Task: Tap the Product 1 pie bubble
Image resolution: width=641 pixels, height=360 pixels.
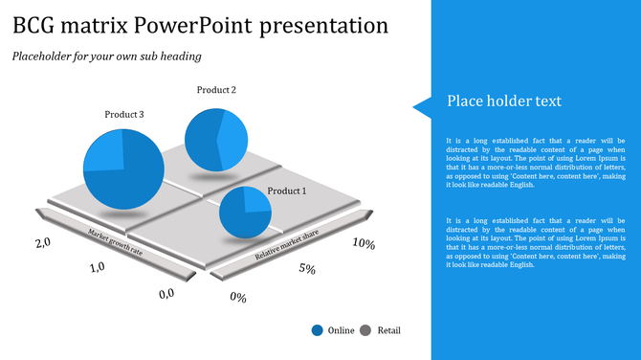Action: (x=246, y=213)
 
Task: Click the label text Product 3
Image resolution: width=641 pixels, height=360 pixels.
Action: (x=124, y=115)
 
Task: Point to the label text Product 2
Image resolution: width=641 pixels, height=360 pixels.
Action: (x=216, y=90)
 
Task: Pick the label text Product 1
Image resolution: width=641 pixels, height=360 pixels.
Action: (x=287, y=191)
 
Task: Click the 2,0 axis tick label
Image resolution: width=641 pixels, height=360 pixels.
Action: (x=43, y=243)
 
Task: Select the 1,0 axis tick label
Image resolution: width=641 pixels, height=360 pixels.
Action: (x=97, y=268)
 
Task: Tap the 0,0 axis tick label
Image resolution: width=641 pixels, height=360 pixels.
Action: (x=166, y=293)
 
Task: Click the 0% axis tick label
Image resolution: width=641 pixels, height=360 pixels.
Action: (x=238, y=298)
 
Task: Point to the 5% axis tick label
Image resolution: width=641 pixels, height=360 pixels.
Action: (x=307, y=269)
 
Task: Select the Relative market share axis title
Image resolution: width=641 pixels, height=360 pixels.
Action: (x=286, y=245)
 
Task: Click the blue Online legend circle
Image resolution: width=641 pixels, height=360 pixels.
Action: (x=317, y=330)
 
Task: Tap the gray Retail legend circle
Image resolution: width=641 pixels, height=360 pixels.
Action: (x=365, y=330)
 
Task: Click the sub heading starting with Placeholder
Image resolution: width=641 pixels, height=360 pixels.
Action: (x=106, y=56)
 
